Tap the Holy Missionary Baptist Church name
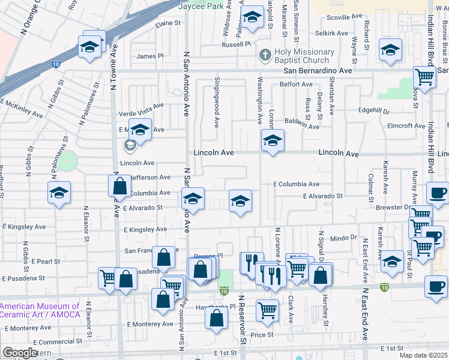click(302, 56)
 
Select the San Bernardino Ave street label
click(318, 71)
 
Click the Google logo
click(20, 353)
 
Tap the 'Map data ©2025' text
click(423, 355)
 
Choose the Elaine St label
click(168, 23)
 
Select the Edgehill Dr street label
click(373, 111)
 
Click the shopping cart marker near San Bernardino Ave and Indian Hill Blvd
click(425, 77)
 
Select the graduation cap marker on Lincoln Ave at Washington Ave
click(273, 141)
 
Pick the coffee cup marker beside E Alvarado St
click(437, 194)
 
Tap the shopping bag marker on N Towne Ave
click(120, 187)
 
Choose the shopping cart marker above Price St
click(268, 310)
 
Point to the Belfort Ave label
click(296, 85)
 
